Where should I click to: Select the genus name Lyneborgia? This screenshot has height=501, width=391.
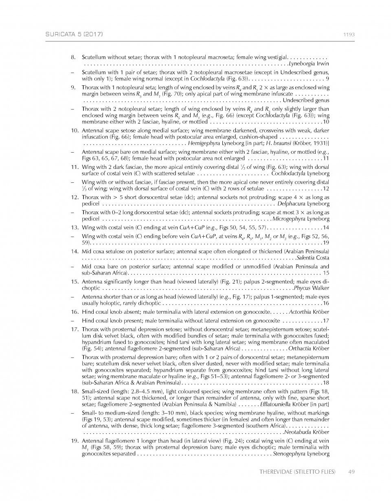pos(302,64)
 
